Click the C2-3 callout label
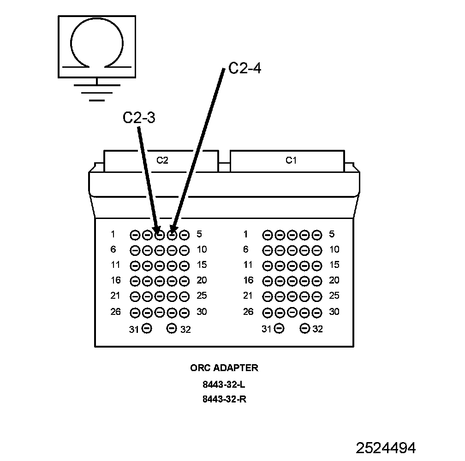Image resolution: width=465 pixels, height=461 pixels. coord(139,118)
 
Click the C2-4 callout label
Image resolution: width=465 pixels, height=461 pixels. coord(244,68)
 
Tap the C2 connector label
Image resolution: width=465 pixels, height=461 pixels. coord(162,160)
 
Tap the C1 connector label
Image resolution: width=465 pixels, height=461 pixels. coord(291,160)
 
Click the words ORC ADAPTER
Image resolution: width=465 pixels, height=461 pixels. coord(224,368)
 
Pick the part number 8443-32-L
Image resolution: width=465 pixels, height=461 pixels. coord(224,384)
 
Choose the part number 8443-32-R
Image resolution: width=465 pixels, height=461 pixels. coord(225,399)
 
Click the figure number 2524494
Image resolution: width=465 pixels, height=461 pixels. coord(386,448)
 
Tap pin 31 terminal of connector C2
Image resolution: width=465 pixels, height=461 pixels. coord(147,328)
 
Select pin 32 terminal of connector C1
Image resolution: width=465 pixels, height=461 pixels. coord(304,328)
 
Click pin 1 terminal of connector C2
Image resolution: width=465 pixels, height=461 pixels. coord(135,235)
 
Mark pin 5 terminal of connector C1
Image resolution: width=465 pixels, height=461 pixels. coord(317,235)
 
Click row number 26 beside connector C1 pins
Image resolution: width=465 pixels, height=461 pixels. coord(248,311)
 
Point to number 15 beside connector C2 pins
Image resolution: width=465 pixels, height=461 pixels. coord(202,265)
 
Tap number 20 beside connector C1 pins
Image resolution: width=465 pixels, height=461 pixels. coord(334,280)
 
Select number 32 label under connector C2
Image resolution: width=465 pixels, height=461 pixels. coord(185,329)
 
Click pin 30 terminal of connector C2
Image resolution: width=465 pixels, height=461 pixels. coord(185,313)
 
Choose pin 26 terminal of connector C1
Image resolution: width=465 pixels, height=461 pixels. coord(267,313)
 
